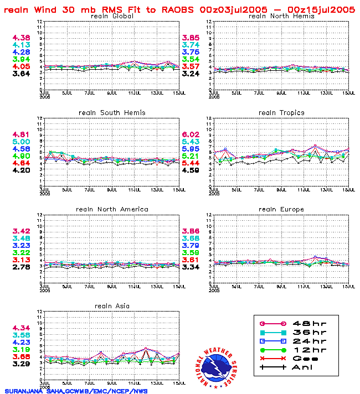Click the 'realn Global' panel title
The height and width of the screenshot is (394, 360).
tap(111, 16)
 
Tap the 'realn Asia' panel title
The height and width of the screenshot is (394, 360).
tap(111, 305)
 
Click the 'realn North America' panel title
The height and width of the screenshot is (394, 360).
tap(111, 209)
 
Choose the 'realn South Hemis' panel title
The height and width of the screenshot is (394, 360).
tap(111, 112)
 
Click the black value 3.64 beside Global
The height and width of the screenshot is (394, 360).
tap(21, 74)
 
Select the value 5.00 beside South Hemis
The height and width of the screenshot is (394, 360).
tap(21, 142)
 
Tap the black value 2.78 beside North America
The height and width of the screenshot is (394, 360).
tap(21, 267)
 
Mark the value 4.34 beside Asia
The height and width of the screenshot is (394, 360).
tap(21, 328)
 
